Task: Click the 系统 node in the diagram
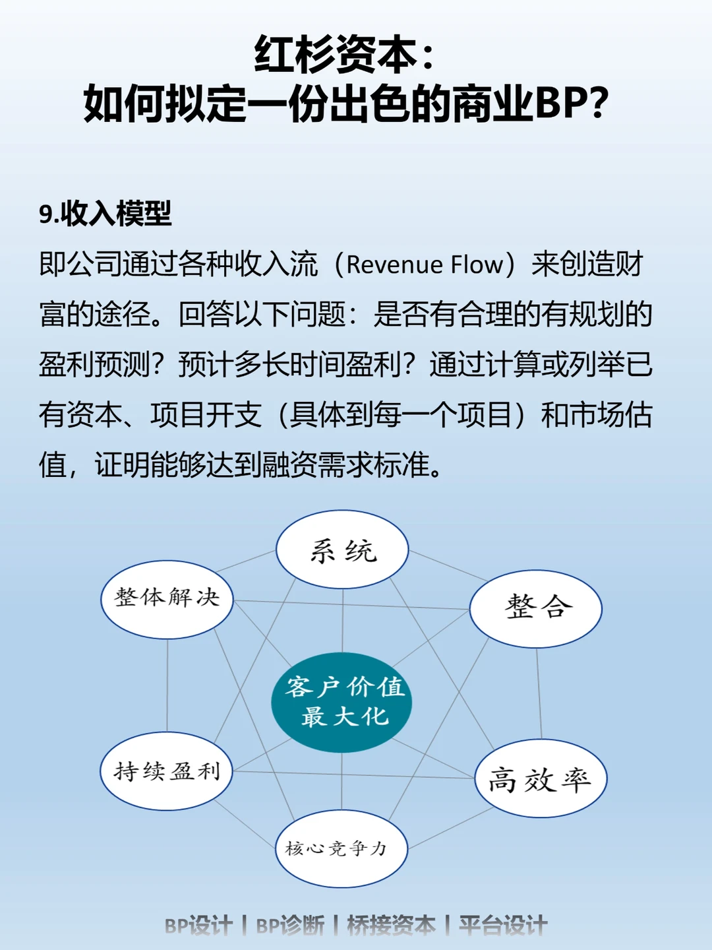[x=342, y=550]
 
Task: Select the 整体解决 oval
[x=167, y=599]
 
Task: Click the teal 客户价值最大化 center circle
[x=342, y=702]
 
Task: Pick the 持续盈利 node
[x=167, y=771]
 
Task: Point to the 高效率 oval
[x=540, y=779]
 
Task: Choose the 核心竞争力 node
[x=341, y=848]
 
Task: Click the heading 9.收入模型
[x=105, y=214]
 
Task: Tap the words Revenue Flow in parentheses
[x=425, y=265]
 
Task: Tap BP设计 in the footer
[x=198, y=926]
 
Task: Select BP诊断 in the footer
[x=290, y=926]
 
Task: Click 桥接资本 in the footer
[x=391, y=926]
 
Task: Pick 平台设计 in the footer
[x=503, y=926]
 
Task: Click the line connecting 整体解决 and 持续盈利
[x=167, y=686]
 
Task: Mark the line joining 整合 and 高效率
[x=539, y=693]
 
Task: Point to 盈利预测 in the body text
[x=95, y=364]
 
